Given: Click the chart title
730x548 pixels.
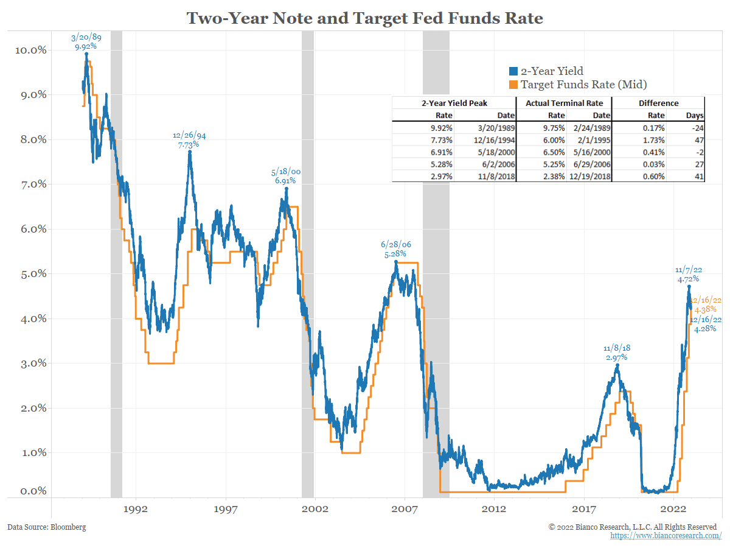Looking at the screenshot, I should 364,18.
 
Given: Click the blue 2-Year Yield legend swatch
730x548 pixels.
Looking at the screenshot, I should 512,72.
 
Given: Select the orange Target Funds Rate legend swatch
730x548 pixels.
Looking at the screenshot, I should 512,85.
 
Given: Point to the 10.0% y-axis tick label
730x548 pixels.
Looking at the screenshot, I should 30,50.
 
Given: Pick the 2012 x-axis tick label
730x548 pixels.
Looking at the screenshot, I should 494,508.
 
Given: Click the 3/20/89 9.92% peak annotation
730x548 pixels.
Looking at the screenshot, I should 86,41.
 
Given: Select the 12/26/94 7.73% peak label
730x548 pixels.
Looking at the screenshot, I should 190,139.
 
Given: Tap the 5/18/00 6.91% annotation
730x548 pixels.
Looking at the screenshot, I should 285,176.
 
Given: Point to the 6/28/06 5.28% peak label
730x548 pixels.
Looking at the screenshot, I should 395,248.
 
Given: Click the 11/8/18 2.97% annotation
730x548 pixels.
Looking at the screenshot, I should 617,353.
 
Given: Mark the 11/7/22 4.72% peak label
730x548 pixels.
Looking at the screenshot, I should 688,275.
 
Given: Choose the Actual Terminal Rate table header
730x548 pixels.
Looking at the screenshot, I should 564,103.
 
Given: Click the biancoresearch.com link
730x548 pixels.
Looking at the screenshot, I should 666,536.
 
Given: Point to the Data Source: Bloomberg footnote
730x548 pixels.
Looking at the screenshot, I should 47,527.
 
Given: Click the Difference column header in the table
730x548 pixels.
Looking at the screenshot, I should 658,103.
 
